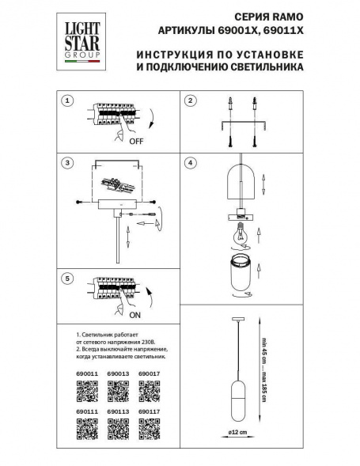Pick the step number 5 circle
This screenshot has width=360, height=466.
pos(68,278)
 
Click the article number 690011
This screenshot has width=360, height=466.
pos(85,372)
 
